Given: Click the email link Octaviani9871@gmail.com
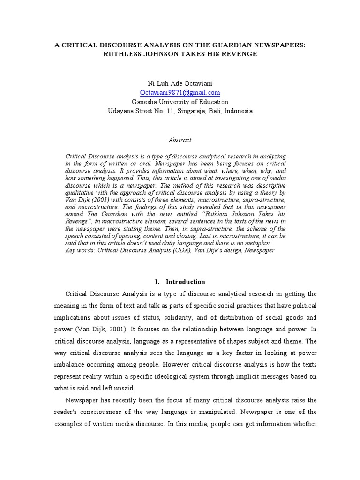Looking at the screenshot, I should tap(180, 93).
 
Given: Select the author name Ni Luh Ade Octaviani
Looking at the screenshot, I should tap(180, 83).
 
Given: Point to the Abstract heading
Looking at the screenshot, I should tap(180, 140).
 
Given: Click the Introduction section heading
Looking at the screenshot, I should tap(186, 282).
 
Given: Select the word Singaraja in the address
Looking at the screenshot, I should tap(191, 111).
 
